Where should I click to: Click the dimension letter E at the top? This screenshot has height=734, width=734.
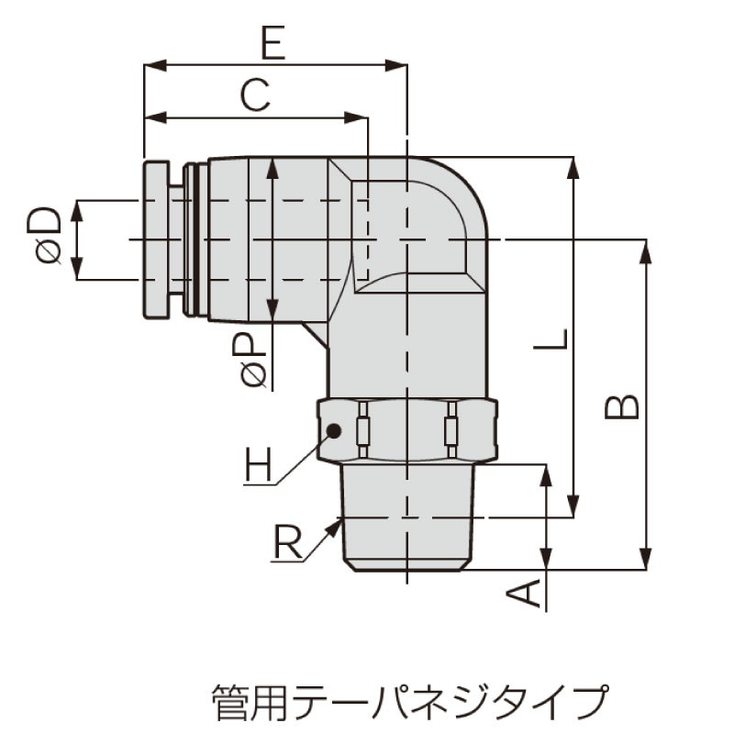pos(272,43)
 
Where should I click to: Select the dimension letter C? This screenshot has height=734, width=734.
pos(255,95)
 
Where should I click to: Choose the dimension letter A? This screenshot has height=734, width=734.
pos(524,592)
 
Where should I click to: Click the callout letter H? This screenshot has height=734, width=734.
pos(258,465)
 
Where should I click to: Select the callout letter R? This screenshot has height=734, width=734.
pos(287,542)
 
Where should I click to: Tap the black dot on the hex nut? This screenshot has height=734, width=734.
pos(334,430)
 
